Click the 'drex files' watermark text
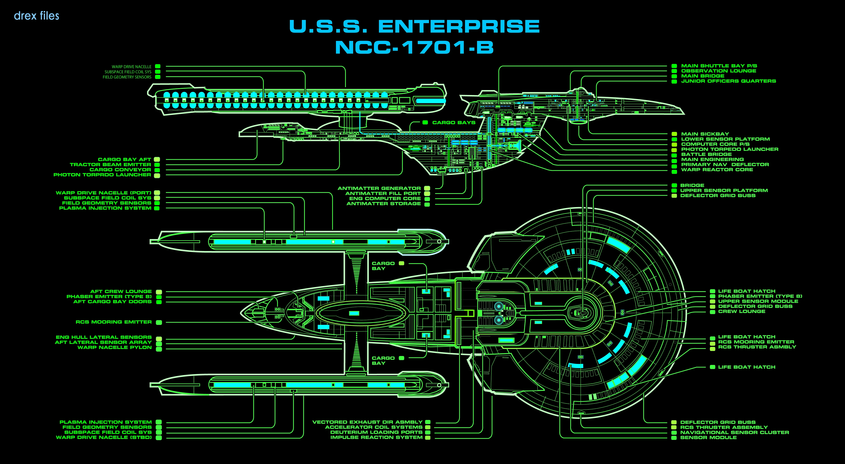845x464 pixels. point(36,16)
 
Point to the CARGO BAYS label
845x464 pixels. point(454,123)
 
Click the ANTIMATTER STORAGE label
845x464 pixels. point(383,204)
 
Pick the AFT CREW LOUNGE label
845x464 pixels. point(121,291)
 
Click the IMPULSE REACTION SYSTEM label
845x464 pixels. point(376,437)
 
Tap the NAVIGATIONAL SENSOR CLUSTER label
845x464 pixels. point(735,432)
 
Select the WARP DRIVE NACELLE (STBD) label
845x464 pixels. point(104,437)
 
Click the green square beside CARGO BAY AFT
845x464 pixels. point(157,160)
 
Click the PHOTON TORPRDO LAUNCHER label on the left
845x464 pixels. point(102,175)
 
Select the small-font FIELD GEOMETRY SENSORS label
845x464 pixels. point(127,77)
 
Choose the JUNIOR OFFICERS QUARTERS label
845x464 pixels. point(728,81)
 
